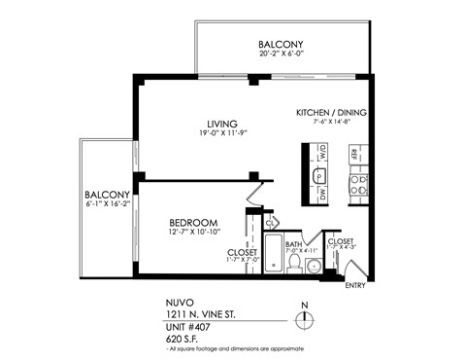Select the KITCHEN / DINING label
click(330, 113)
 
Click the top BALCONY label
click(282, 45)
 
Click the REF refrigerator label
click(355, 154)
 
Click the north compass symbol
click(305, 321)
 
